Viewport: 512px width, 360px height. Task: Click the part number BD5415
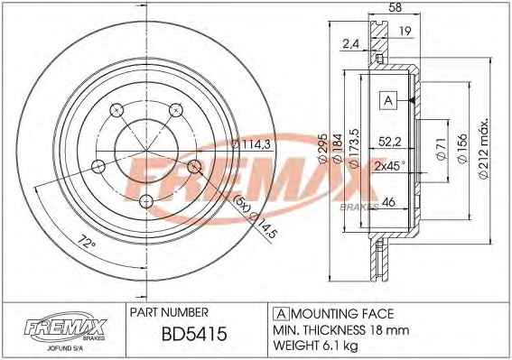tap(194, 334)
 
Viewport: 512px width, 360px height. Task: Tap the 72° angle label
tap(87, 243)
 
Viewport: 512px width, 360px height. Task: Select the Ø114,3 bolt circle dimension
tap(251, 144)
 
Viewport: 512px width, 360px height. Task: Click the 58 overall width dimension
tap(395, 7)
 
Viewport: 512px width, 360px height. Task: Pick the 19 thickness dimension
tap(405, 31)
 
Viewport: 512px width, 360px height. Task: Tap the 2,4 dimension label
tap(350, 43)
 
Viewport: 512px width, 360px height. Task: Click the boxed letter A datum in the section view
tap(388, 100)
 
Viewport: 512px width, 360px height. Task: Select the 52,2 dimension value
tap(389, 142)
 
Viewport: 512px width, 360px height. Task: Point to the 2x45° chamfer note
tap(389, 166)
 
